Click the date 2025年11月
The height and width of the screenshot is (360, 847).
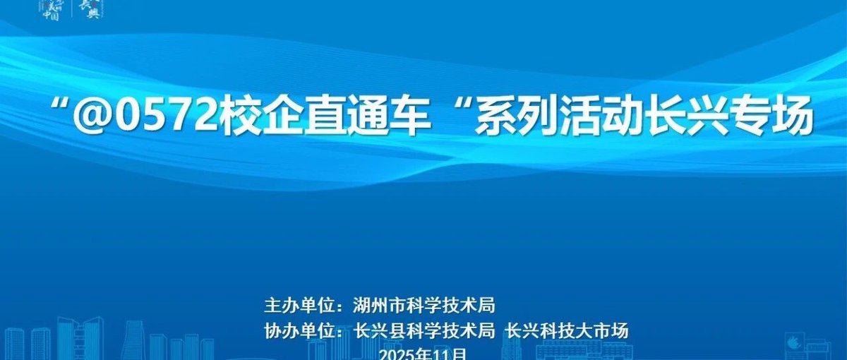point(423,354)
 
